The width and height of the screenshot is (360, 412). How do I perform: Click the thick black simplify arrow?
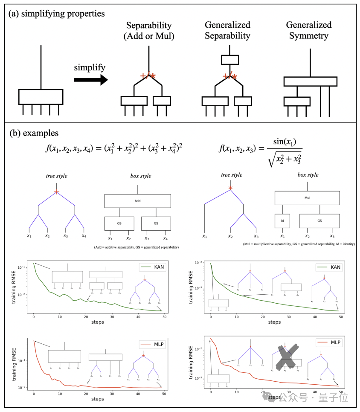tap(90, 80)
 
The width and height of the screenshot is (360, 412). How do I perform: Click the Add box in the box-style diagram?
tap(137, 200)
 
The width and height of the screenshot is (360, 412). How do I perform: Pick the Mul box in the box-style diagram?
tap(307, 197)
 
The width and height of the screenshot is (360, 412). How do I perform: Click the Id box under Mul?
tap(282, 221)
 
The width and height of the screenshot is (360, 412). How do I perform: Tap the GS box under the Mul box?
tap(319, 221)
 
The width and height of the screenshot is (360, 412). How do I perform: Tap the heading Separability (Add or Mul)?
tap(148, 30)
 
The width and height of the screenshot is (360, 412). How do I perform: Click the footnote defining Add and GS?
tap(136, 247)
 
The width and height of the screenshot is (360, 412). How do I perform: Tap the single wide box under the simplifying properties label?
tap(41, 96)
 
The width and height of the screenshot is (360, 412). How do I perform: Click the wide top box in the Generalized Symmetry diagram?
tap(310, 81)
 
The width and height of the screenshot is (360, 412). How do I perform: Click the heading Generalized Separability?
tap(227, 30)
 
